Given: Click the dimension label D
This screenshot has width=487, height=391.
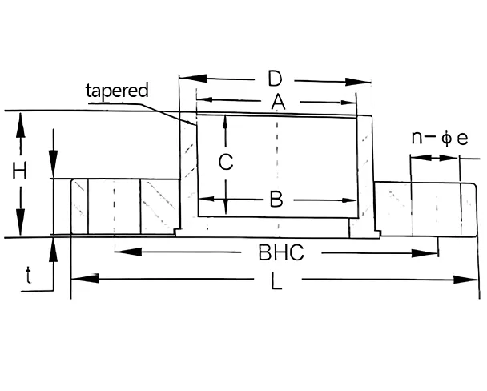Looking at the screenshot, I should tap(275, 79).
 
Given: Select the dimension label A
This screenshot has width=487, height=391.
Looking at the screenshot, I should tap(278, 101).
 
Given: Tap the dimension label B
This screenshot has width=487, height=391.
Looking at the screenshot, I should tap(276, 200).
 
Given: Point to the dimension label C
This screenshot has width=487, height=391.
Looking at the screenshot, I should tap(226, 162).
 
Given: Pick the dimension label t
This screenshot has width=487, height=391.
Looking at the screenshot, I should tap(29, 276).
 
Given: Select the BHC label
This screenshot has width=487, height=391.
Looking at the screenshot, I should tap(280, 253).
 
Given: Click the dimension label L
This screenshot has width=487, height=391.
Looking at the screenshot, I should tap(277, 281).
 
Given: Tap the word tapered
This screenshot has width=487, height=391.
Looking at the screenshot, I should tap(117, 90).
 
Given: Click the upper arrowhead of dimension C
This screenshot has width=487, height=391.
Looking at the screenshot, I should tap(226, 119).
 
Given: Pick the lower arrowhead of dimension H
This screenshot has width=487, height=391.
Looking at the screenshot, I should tap(20, 230).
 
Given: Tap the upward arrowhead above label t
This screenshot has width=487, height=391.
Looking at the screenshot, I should tap(53, 245).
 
